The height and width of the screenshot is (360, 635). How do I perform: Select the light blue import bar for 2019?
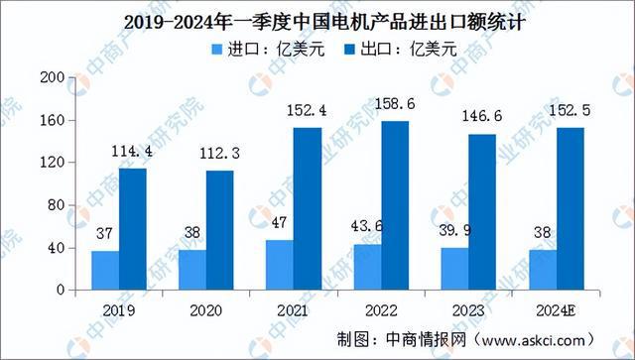pos(104,270)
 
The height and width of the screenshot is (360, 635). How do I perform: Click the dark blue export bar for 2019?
pos(133,229)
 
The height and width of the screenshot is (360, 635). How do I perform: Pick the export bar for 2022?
pos(395,205)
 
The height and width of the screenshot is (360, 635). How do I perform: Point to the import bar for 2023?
pos(453,269)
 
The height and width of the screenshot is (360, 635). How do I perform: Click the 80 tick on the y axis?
pos(56,205)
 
